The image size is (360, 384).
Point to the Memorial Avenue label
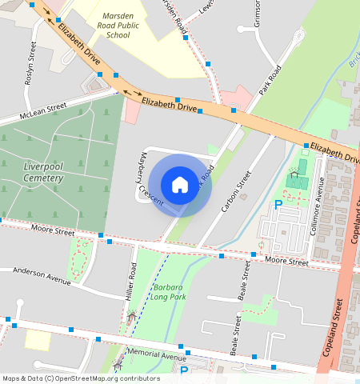tap(156, 354)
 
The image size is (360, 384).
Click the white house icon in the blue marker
tap(180, 185)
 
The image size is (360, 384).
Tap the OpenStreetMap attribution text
tap(80, 378)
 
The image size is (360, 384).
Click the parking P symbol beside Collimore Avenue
tap(278, 205)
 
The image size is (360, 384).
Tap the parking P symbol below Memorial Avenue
tap(183, 372)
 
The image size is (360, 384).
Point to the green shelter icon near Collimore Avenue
tap(294, 174)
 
